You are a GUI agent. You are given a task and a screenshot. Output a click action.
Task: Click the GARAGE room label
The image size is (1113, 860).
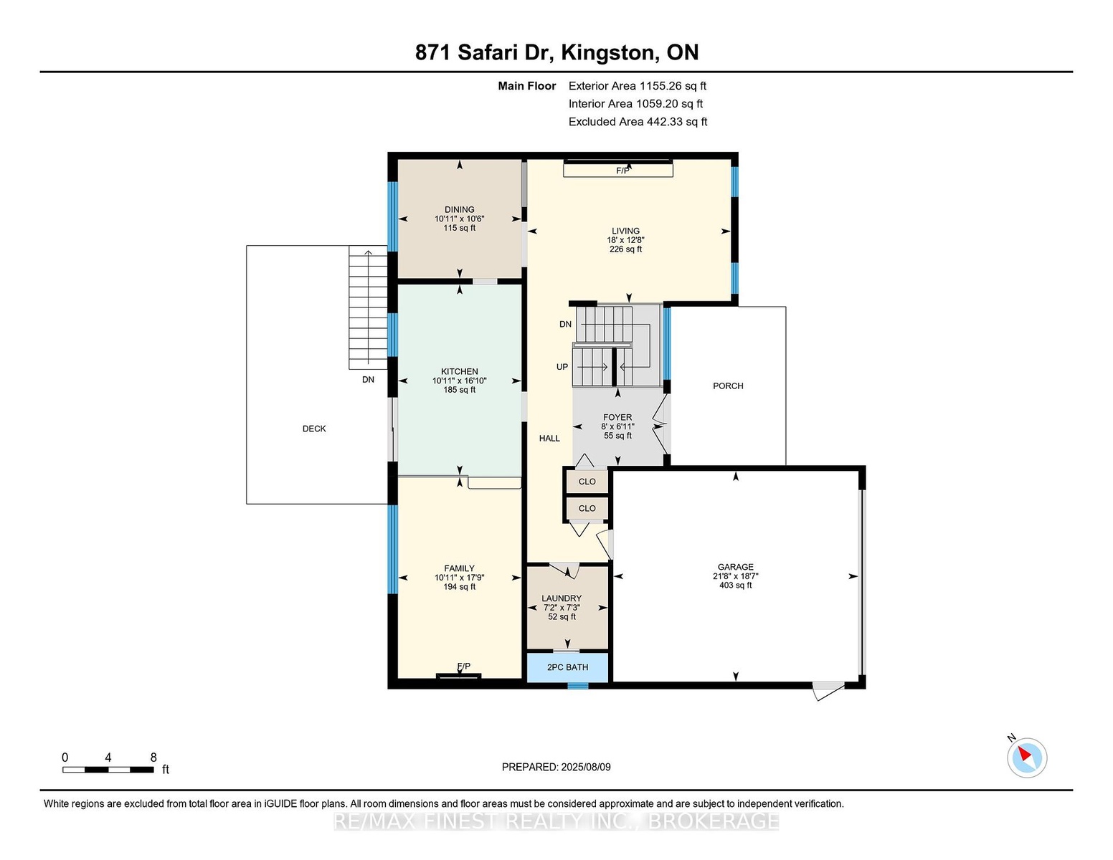point(736,567)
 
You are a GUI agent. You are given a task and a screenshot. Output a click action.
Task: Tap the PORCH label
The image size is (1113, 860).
point(728,386)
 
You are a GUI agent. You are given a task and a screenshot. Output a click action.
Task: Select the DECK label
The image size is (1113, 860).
point(314,429)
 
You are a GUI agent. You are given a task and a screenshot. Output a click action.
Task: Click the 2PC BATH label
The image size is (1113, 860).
point(567,667)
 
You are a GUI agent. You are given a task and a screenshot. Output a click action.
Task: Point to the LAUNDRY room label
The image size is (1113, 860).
point(562,598)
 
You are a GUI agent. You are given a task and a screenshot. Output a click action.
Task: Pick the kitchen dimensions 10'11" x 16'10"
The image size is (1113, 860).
point(460,381)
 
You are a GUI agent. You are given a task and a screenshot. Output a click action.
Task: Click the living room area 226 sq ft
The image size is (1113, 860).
point(625,249)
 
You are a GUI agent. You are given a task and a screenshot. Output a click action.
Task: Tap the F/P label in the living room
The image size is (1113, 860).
point(622,171)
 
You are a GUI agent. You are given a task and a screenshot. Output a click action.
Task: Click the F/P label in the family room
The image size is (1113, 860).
point(463,666)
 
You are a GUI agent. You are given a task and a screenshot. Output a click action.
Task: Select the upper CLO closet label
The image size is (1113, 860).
point(587,482)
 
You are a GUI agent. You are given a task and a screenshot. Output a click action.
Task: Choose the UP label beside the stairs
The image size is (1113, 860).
point(562,367)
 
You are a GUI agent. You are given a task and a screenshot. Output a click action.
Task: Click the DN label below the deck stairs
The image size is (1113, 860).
point(369,380)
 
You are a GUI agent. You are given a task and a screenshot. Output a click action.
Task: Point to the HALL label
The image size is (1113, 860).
point(549,438)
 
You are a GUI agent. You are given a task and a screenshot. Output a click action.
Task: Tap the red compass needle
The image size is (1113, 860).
point(1024,754)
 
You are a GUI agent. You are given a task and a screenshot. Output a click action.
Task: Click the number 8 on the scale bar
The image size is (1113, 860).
point(153,758)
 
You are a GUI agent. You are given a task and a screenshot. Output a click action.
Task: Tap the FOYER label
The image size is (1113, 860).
point(617,417)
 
